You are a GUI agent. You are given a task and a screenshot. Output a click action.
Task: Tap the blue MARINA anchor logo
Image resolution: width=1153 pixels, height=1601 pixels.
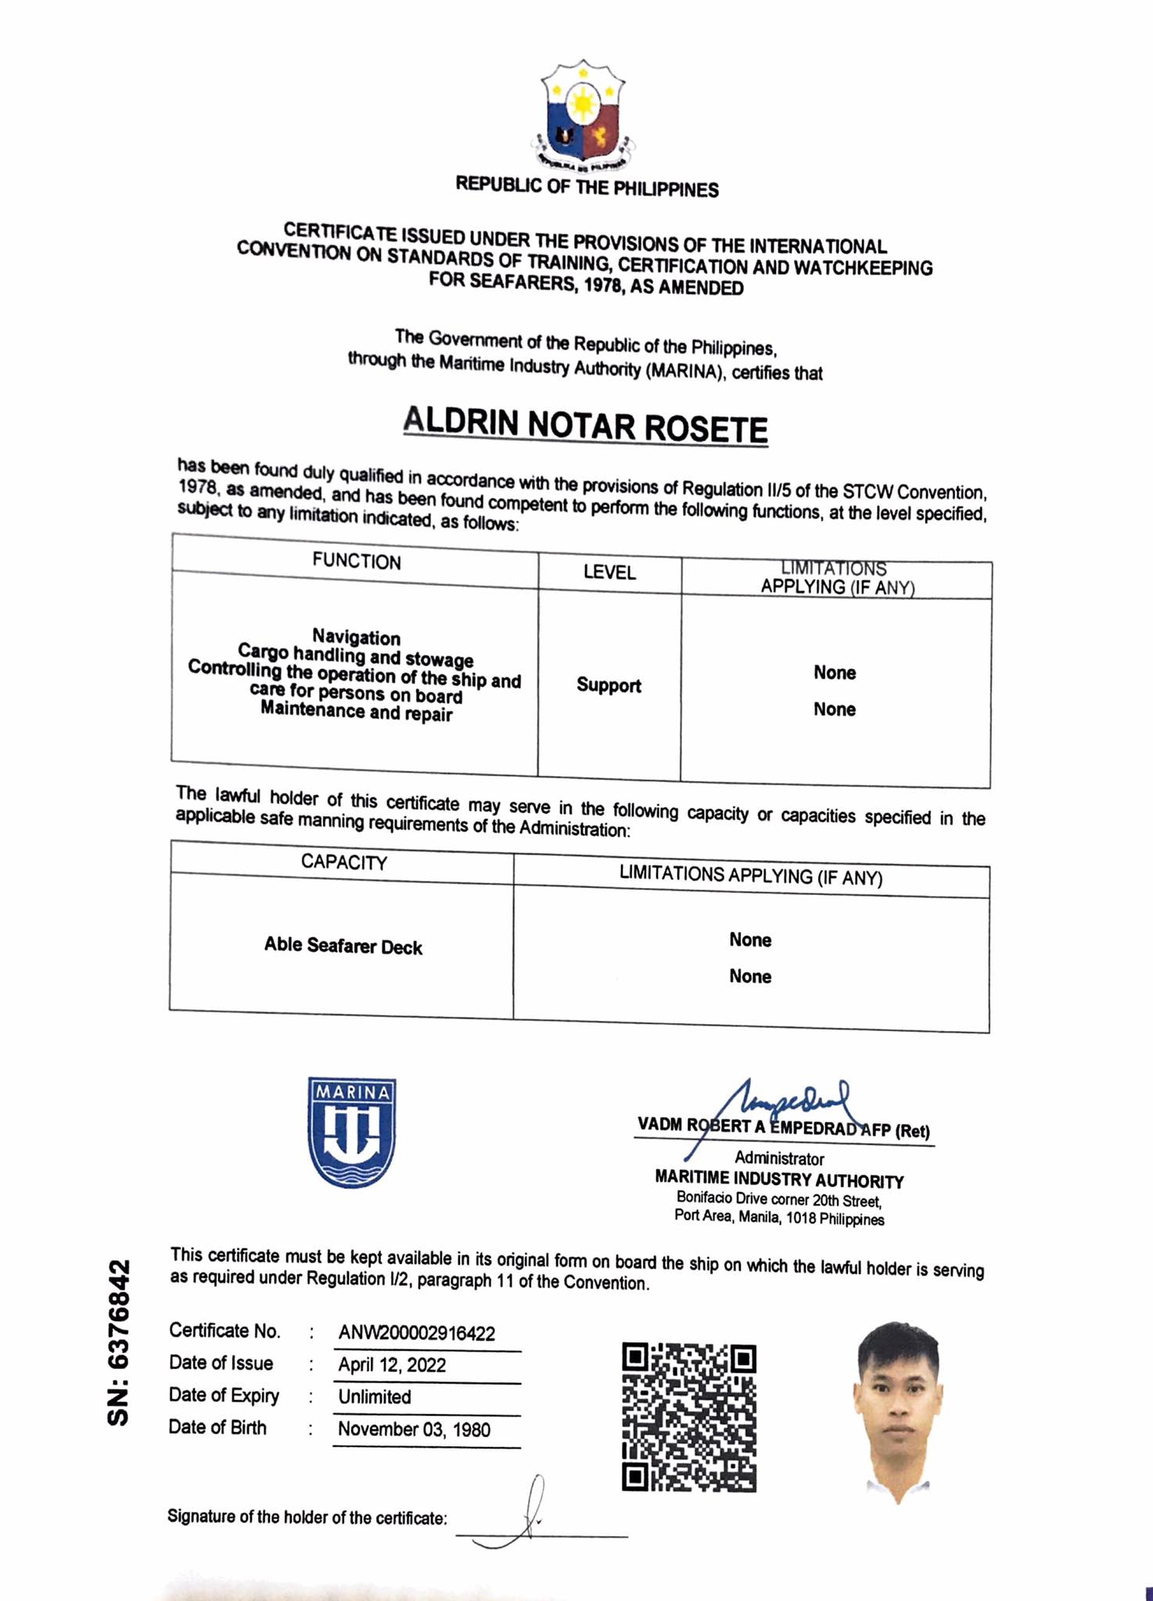point(352,1132)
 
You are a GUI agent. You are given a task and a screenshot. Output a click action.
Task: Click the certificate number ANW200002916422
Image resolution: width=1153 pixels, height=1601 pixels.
point(417,1333)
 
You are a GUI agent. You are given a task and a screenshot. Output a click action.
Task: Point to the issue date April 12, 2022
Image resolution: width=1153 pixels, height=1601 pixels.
point(392,1365)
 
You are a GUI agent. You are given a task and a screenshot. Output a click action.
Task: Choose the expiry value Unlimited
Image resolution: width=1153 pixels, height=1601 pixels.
point(375,1397)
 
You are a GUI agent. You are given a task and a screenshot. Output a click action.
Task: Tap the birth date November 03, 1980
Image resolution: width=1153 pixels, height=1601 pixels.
point(414,1430)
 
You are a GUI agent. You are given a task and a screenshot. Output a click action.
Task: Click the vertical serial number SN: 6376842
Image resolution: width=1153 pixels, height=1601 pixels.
point(119,1342)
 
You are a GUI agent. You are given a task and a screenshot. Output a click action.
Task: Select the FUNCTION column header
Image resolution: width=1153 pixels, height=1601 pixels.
point(356,561)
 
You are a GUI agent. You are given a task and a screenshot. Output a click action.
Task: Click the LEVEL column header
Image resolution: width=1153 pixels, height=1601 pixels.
point(609,572)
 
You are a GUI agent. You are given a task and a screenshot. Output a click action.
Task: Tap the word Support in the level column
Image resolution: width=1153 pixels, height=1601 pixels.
point(609,686)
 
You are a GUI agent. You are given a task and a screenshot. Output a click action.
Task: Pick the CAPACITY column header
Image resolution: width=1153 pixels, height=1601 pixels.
point(343,862)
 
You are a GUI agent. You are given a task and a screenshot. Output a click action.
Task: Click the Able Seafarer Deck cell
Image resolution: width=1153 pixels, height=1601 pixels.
point(343,946)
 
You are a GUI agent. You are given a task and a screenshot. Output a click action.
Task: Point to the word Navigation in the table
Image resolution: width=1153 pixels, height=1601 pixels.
point(356,637)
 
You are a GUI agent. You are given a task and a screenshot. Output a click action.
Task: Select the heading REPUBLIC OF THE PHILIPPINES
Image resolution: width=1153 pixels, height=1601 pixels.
point(587,188)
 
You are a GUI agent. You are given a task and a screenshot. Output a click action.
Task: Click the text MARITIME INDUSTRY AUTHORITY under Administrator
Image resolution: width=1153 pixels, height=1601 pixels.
point(779,1180)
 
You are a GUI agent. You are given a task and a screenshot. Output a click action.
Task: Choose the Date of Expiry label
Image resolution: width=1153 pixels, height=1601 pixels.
point(224,1395)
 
